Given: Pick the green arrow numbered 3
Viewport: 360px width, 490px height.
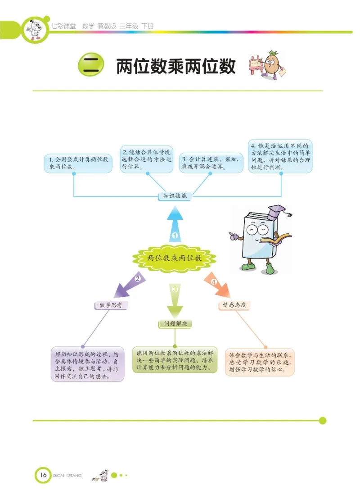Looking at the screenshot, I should point(175,299).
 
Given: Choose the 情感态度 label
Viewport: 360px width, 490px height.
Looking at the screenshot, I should point(234,305).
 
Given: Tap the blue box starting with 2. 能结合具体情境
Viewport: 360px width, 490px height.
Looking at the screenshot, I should point(147,159).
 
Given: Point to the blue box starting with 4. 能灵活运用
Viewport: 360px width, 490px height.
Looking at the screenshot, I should point(280,156).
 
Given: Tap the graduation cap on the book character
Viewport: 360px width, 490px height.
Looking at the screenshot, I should point(275,211).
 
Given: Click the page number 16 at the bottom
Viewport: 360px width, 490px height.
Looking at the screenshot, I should point(43,475).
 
